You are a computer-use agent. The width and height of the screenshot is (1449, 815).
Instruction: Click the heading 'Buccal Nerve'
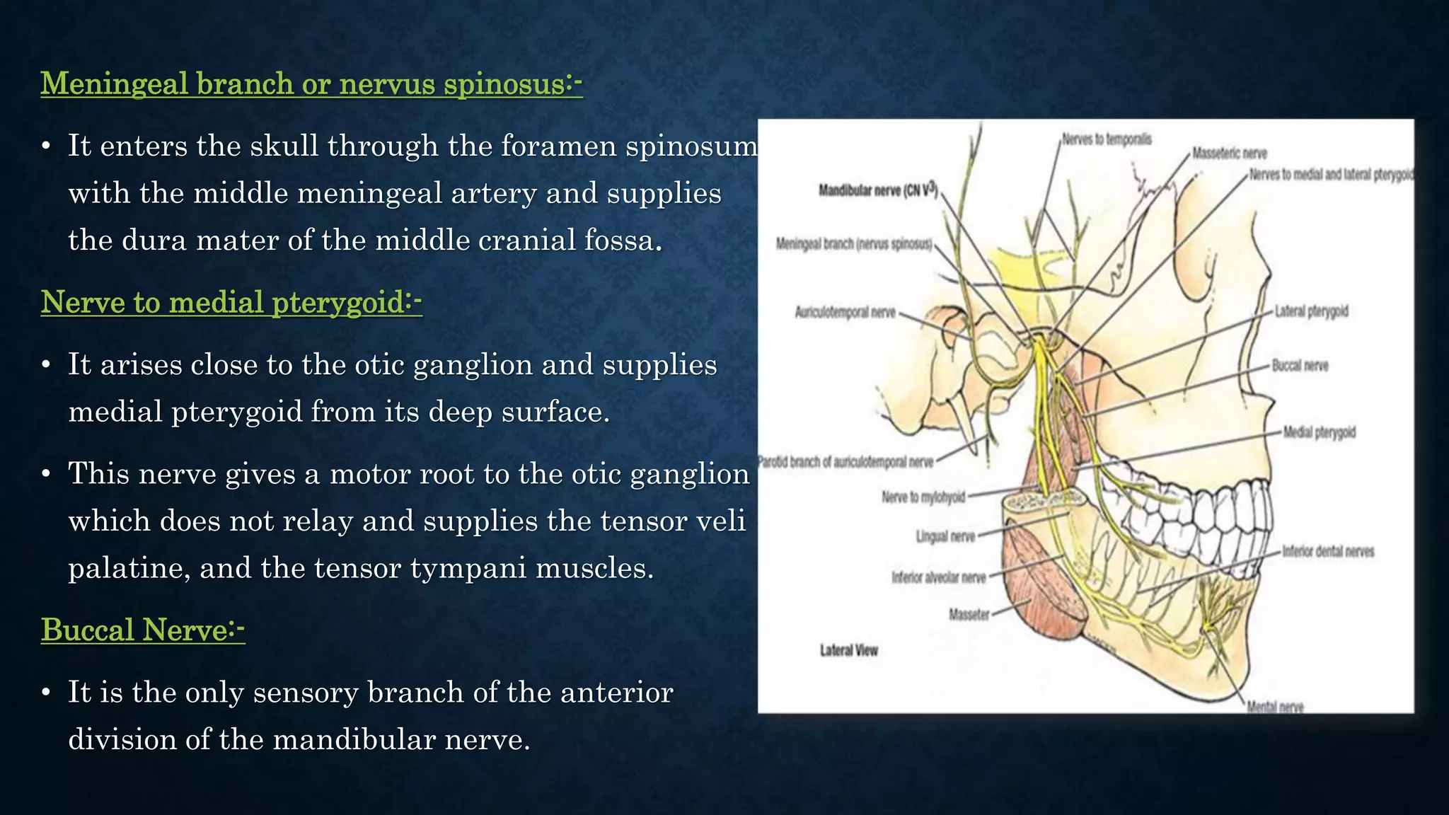click(x=142, y=630)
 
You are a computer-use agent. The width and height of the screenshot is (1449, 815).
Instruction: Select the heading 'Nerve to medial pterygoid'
click(x=231, y=302)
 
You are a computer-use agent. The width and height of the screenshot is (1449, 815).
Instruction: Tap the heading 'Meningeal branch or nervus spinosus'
click(x=311, y=83)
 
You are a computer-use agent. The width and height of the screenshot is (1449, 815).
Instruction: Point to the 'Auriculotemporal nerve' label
click(x=845, y=312)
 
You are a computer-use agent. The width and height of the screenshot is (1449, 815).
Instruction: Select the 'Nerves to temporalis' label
click(x=1107, y=139)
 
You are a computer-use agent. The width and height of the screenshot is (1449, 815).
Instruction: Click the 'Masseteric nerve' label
click(x=1229, y=153)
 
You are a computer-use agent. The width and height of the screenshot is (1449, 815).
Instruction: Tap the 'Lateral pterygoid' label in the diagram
click(x=1311, y=311)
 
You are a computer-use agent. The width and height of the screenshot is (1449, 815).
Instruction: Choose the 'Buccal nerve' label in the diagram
click(x=1300, y=366)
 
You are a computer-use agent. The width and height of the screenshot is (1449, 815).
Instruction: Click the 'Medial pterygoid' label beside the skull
click(x=1319, y=432)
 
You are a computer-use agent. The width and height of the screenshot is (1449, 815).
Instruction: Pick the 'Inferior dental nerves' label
click(x=1328, y=551)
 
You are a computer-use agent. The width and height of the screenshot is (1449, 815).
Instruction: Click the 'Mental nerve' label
click(x=1275, y=706)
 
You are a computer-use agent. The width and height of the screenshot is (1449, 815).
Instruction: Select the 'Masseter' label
click(x=969, y=614)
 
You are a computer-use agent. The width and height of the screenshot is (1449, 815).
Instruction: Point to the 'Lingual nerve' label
click(x=945, y=536)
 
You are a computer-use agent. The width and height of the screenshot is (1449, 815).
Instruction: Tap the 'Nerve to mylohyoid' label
click(x=923, y=497)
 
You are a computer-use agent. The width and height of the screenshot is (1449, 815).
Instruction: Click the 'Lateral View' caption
click(x=848, y=650)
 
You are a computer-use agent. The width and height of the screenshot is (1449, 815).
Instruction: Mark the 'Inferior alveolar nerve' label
click(x=938, y=577)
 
